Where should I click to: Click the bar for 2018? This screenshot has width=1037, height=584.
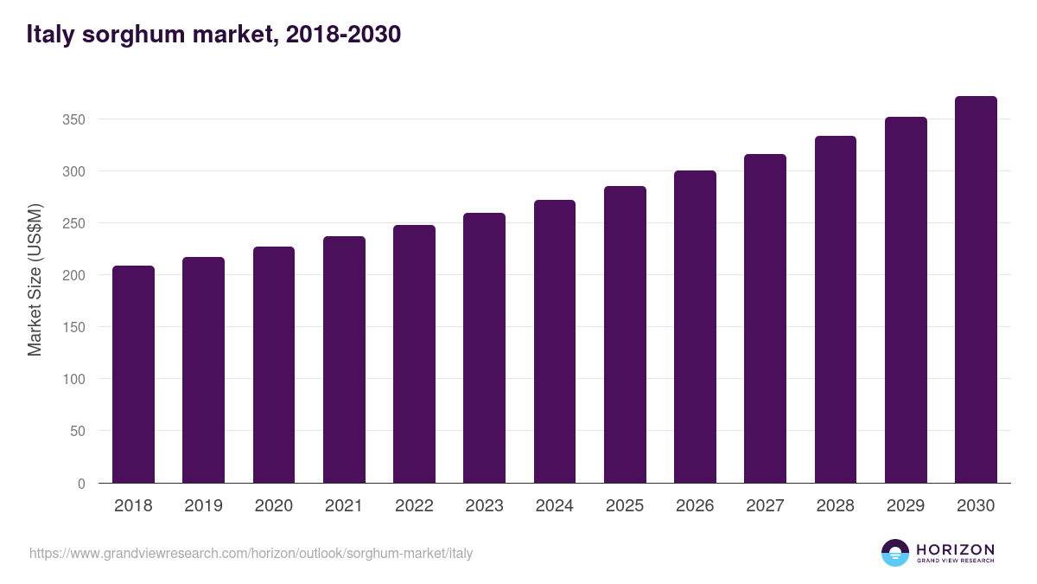[x=133, y=375]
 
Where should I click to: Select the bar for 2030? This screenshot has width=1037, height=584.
[x=976, y=290]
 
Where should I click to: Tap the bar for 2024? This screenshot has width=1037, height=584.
[x=555, y=342]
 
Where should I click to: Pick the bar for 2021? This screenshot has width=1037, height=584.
[x=344, y=360]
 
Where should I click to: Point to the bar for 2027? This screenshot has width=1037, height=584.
[x=765, y=318]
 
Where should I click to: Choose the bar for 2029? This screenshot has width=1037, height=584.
[x=906, y=300]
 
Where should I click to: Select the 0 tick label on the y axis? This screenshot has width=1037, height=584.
[x=81, y=484]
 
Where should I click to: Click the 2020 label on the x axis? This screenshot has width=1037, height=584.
[x=273, y=506]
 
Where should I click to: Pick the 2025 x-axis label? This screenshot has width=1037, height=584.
[x=625, y=506]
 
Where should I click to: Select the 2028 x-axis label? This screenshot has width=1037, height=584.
[x=835, y=506]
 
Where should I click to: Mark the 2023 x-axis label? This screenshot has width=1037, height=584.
[x=484, y=506]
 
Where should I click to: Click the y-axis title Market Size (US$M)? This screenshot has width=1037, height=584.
[x=35, y=279]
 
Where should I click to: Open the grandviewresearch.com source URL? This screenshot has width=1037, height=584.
[x=251, y=553]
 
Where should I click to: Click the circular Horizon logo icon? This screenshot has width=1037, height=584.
[x=895, y=553]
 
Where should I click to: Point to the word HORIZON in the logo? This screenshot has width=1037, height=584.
[x=955, y=549]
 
